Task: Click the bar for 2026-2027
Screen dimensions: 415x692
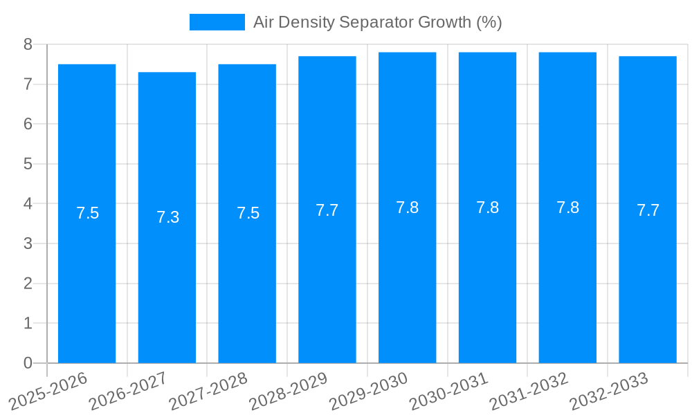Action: point(167,217)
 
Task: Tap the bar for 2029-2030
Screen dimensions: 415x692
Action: point(407,207)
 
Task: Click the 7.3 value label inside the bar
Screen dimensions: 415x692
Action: point(167,217)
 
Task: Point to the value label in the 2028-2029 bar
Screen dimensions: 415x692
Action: point(327,210)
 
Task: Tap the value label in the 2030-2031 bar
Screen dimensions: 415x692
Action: point(487,207)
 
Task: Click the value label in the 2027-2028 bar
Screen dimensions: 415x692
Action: point(248,213)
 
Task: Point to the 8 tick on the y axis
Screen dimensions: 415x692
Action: point(28,44)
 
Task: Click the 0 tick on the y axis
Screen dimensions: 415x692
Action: point(28,363)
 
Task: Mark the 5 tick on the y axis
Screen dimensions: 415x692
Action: point(28,164)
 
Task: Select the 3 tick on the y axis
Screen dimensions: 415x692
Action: point(28,243)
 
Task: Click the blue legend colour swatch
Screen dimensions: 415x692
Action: point(217,22)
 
